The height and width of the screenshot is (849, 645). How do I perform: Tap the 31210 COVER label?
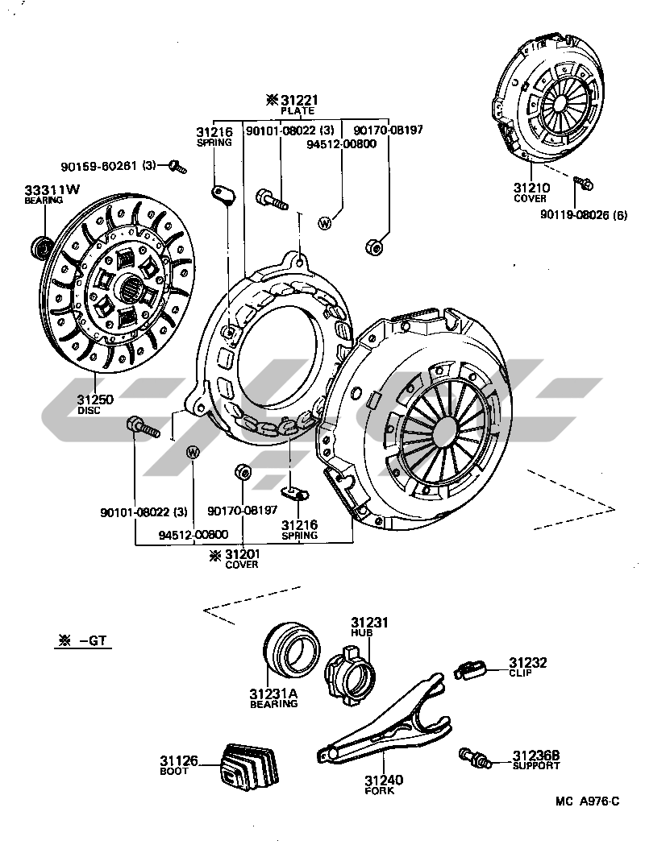click(x=531, y=193)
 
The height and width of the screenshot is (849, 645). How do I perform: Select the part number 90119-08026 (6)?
click(x=586, y=213)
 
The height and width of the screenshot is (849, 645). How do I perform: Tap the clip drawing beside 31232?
click(x=470, y=669)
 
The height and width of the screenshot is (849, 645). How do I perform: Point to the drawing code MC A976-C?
click(x=587, y=801)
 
